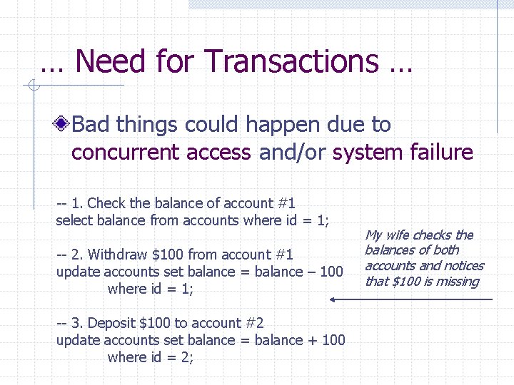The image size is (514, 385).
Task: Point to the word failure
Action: click(x=441, y=153)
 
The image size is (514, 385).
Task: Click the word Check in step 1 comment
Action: click(x=105, y=203)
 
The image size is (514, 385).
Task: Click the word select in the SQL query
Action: click(x=74, y=220)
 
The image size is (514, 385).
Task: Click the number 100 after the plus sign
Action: click(x=333, y=340)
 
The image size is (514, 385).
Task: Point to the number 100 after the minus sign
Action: click(x=332, y=272)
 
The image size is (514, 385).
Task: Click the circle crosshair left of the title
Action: click(x=32, y=86)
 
